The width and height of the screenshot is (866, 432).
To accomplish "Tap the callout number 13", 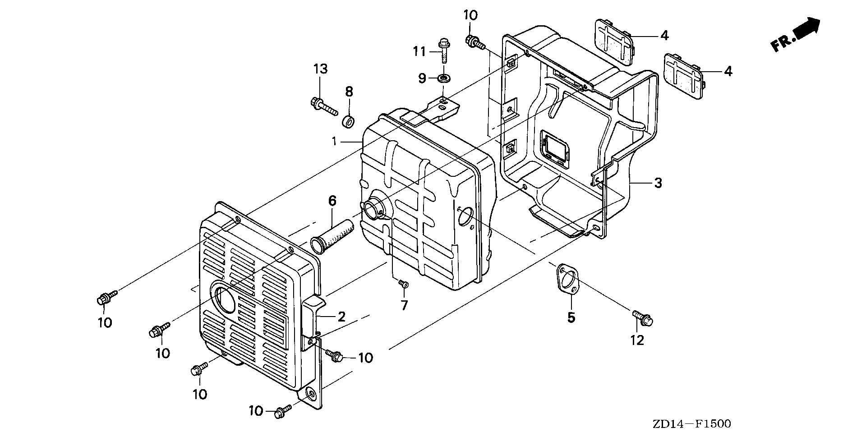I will [x=321, y=69].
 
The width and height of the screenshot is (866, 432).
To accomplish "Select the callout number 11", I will [x=419, y=52].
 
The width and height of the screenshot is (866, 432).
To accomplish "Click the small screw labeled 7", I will [x=404, y=284].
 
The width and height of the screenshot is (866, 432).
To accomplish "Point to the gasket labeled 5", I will [x=567, y=280].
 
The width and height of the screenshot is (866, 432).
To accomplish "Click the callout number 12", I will [x=637, y=340].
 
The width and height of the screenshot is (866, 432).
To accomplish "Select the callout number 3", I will [x=658, y=183].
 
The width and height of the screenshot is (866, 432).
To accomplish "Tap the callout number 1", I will [x=334, y=142].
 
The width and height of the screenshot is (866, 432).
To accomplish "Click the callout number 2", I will [x=341, y=317].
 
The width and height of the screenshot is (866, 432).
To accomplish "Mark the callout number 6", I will [x=332, y=201].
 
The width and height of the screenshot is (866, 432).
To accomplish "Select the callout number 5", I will [x=571, y=318].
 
